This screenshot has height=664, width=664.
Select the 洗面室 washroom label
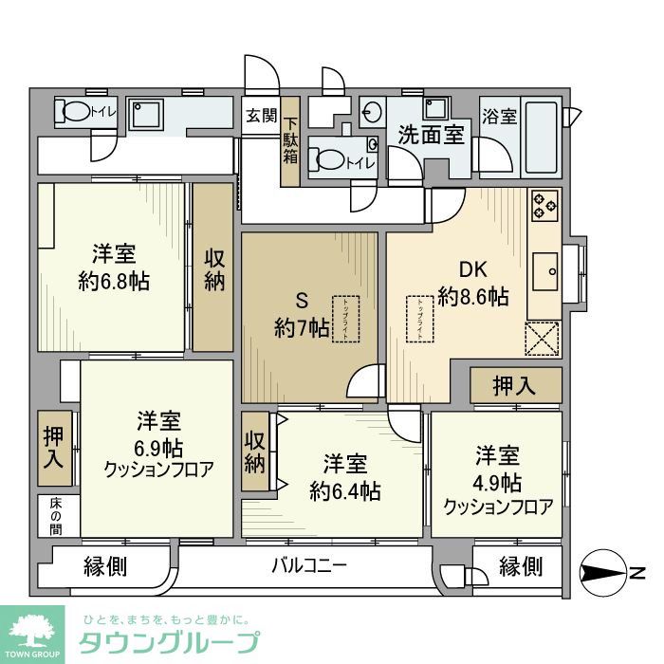coord(431,134)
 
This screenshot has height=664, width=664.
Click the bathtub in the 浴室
coord(542,138)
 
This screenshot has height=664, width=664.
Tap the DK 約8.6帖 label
coord(471,284)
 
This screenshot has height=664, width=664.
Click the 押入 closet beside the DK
coord(514,386)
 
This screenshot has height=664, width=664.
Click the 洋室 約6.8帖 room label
coord(114,267)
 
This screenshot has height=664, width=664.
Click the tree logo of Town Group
coord(32,630)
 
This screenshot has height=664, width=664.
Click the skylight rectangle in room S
coord(346,313)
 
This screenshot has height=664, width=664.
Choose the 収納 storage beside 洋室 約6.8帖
coord(214,268)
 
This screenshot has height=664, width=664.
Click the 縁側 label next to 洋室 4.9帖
coord(521,566)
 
